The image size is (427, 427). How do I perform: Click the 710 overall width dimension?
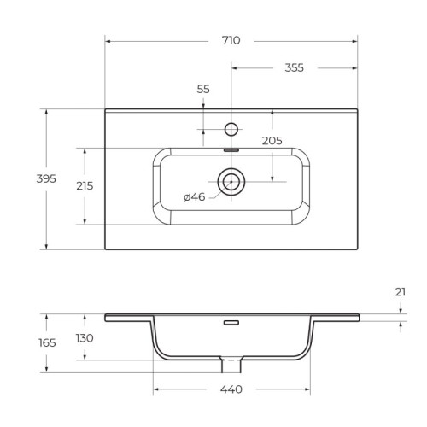coord(231,40)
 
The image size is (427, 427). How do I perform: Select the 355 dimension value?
coord(294,67)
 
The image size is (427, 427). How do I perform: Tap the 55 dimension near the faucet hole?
coord(203,89)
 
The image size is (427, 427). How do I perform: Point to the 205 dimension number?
coord(272,141)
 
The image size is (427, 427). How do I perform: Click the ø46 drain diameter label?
coord(194,197)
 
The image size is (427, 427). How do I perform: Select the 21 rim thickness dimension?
coord(401,292)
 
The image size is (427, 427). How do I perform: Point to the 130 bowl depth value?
coord(84,338)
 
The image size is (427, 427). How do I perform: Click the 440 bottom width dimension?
coord(231,391)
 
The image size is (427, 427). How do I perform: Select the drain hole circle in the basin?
coord(231,181)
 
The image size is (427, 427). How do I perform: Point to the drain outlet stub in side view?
coord(231,366)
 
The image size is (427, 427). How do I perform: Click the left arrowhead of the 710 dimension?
coord(108,40)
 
